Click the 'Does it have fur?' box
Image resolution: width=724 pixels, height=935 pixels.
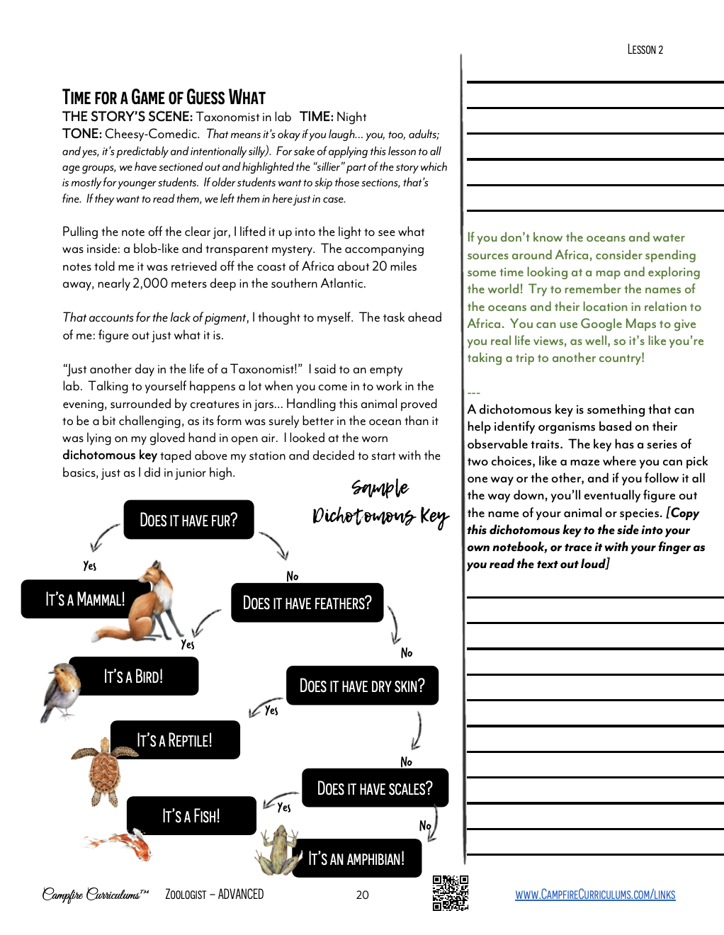[188, 520]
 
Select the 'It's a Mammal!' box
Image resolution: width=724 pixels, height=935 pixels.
[85, 599]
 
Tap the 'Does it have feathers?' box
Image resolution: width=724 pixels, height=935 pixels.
[307, 603]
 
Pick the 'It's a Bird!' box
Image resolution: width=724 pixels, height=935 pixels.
[134, 676]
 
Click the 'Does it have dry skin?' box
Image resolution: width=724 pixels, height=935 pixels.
[362, 686]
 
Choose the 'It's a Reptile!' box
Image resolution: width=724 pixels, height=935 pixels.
[175, 740]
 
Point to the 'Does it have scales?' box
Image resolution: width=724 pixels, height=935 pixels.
[375, 788]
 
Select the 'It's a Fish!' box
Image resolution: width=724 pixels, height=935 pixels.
[191, 816]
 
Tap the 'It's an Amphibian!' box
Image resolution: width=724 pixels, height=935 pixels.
[356, 858]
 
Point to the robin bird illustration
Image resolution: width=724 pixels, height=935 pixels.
[62, 691]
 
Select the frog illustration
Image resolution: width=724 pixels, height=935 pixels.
[278, 853]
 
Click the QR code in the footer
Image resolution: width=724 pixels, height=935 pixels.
[451, 893]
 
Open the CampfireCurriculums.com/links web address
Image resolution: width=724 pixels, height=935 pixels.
[595, 895]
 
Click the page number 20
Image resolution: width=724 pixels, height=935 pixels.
[362, 895]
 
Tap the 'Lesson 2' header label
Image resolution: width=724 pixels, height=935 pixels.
[645, 50]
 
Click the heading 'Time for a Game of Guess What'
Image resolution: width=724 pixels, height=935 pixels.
[164, 97]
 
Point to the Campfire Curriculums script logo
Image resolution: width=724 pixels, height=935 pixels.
[95, 895]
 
